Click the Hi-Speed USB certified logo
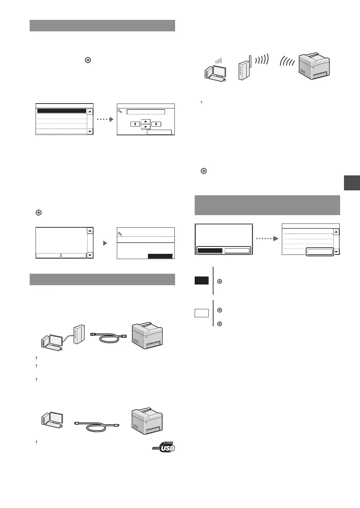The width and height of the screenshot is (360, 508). pyautogui.click(x=164, y=448)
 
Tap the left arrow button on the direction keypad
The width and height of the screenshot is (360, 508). pyautogui.click(x=135, y=124)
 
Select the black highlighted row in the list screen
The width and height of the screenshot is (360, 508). pyautogui.click(x=62, y=111)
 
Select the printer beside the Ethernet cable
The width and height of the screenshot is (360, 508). pyautogui.click(x=147, y=336)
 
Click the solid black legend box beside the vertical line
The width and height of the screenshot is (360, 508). pyautogui.click(x=202, y=281)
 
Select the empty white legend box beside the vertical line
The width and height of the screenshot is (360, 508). pyautogui.click(x=202, y=313)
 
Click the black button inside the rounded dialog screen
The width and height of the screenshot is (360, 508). pyautogui.click(x=210, y=251)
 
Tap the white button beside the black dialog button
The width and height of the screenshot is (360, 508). pyautogui.click(x=237, y=251)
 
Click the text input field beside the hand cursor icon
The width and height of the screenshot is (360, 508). pyautogui.click(x=145, y=112)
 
